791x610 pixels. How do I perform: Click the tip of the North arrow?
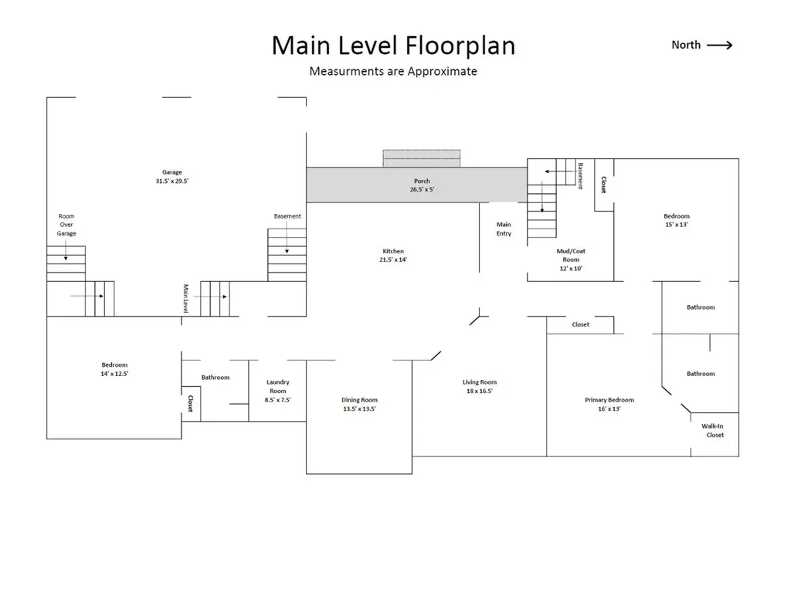point(732,46)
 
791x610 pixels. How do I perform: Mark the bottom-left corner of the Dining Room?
point(306,474)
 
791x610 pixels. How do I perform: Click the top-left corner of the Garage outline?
point(47,97)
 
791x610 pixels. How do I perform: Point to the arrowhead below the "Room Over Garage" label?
point(66,259)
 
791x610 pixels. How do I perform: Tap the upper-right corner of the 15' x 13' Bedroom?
point(739,159)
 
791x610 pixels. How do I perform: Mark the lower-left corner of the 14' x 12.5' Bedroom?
point(47,439)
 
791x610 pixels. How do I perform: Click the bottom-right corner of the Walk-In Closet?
point(739,457)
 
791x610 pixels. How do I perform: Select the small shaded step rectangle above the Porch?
point(422,158)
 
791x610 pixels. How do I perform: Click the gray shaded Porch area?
point(416,185)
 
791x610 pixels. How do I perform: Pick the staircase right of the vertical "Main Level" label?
point(215,299)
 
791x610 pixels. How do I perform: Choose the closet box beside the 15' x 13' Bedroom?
point(604,185)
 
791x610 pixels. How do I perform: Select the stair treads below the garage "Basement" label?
point(287,255)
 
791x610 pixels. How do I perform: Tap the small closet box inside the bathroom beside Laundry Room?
point(192,403)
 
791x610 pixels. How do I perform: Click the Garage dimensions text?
point(172,181)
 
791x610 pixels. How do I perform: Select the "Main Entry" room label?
point(504,229)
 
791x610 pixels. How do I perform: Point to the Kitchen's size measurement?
point(393,259)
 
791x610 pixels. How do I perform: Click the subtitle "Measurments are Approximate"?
point(393,71)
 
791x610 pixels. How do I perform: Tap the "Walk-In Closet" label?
point(713,431)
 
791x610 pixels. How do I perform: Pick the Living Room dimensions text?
point(479,391)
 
